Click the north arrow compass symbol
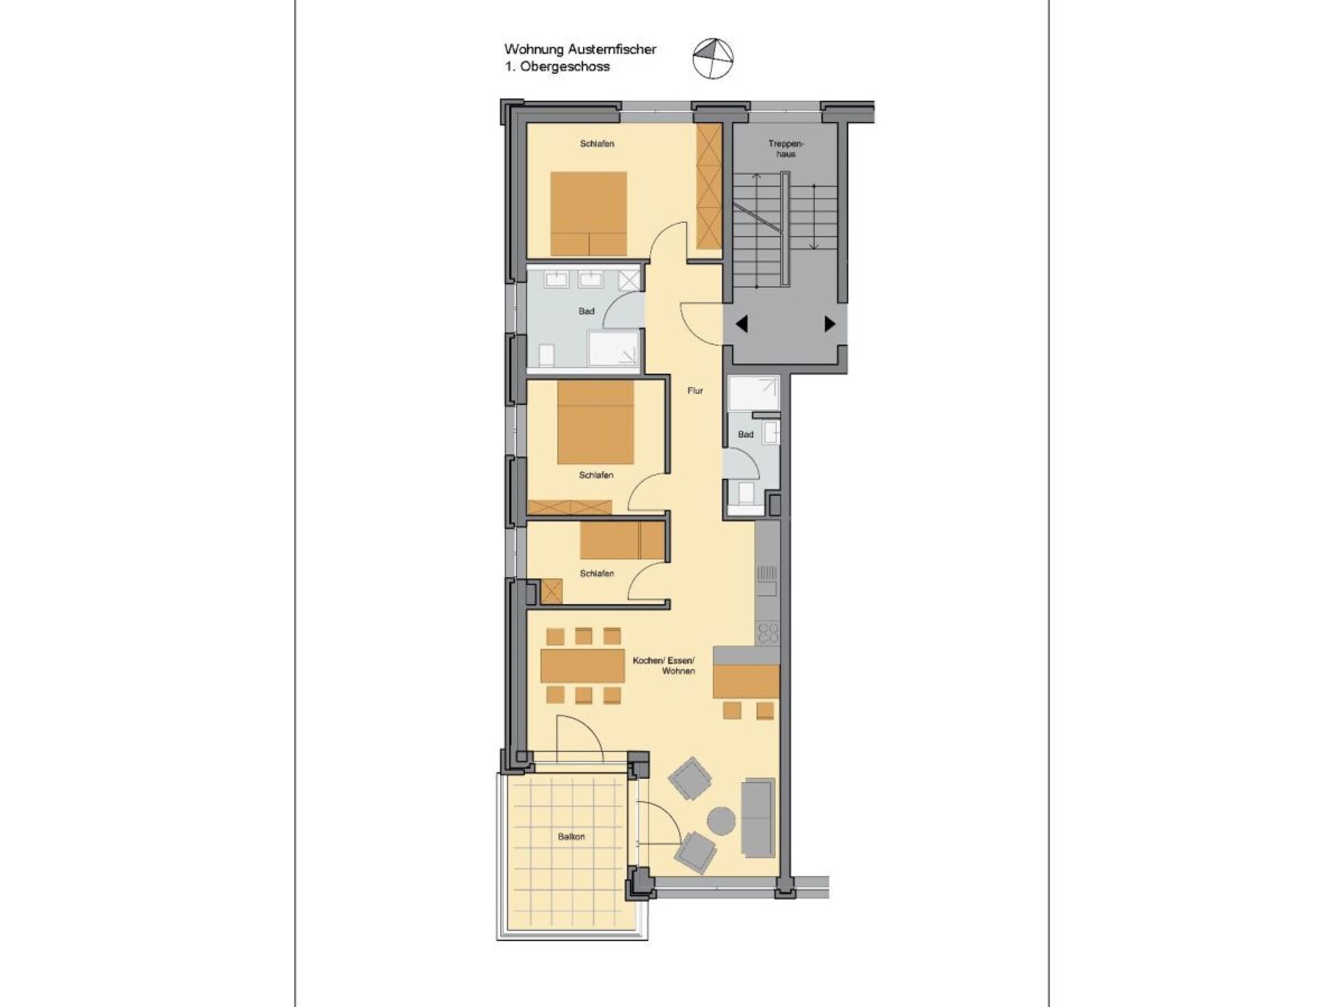click(x=713, y=58)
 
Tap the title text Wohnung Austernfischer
click(x=581, y=49)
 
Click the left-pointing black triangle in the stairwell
click(x=741, y=324)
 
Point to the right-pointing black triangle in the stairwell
click(x=830, y=324)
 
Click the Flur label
click(x=695, y=391)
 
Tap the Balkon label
click(x=571, y=836)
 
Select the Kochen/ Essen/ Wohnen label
click(x=664, y=665)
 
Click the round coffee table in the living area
click(x=721, y=820)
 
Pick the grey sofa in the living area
click(x=758, y=817)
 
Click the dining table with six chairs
click(x=583, y=666)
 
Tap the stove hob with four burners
click(x=768, y=634)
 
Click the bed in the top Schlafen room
click(x=588, y=213)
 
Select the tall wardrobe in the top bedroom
click(x=709, y=187)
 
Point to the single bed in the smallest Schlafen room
click(x=622, y=542)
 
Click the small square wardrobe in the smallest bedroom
click(x=552, y=591)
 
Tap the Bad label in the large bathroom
click(x=586, y=311)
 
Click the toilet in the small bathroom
click(x=746, y=493)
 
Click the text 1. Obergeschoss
click(x=557, y=67)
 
